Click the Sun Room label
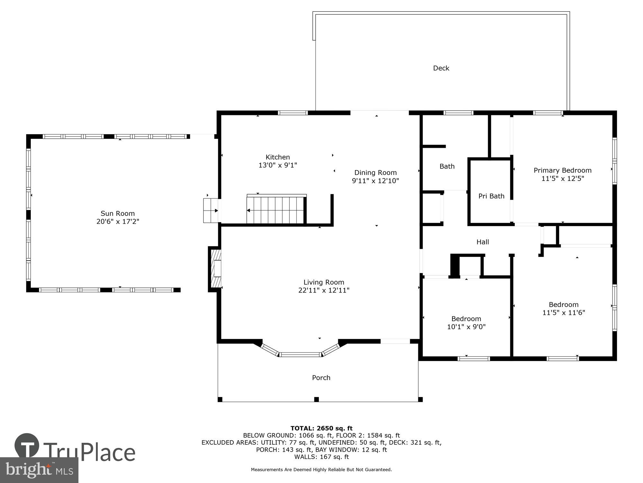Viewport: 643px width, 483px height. click(118, 213)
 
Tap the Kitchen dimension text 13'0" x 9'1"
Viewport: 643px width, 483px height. click(278, 165)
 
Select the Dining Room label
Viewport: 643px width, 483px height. click(375, 173)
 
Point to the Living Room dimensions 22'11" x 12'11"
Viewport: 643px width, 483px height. click(324, 290)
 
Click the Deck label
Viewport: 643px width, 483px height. click(441, 68)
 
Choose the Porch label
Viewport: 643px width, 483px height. click(321, 378)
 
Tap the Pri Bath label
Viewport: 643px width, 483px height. click(491, 196)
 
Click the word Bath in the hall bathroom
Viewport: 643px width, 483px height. click(447, 166)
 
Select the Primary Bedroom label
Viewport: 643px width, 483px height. click(562, 170)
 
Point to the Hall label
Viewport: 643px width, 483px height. click(483, 242)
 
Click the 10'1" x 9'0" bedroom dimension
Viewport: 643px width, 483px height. click(466, 327)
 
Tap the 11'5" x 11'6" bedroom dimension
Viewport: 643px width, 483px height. click(564, 313)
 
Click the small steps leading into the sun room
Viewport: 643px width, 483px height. click(211, 211)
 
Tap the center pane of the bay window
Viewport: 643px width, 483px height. click(300, 355)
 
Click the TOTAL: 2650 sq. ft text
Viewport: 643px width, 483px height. click(321, 428)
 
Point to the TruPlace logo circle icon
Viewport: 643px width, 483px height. click(27, 446)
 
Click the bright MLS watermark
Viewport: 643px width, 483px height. click(39, 470)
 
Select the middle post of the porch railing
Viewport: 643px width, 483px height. click(316, 399)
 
